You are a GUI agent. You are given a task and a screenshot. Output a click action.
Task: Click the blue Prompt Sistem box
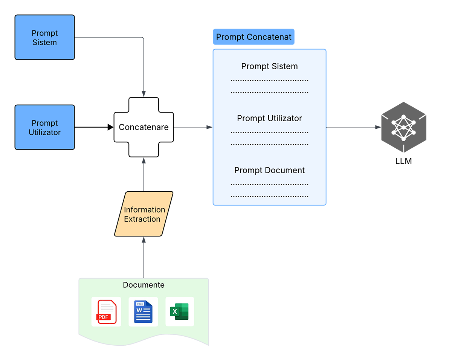[44, 37]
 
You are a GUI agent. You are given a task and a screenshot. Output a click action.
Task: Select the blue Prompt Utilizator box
[44, 127]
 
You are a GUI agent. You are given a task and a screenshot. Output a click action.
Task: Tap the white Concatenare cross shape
[144, 127]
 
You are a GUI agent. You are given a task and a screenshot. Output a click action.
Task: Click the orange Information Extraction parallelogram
[144, 214]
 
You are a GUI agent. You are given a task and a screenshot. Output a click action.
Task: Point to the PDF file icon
[106, 311]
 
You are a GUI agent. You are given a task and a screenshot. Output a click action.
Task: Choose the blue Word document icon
[143, 311]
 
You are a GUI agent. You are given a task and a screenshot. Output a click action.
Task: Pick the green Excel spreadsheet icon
[180, 311]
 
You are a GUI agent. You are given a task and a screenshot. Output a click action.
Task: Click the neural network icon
[403, 128]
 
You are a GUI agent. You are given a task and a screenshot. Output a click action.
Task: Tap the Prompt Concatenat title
[253, 37]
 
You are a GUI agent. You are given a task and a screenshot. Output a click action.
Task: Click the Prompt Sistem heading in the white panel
[269, 66]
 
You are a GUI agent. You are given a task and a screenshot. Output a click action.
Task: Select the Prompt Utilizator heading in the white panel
[269, 118]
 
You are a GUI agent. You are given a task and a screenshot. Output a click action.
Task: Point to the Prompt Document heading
[269, 170]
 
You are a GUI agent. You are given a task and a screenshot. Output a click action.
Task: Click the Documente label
[144, 285]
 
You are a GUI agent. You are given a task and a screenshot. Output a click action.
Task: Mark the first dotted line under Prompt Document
[269, 185]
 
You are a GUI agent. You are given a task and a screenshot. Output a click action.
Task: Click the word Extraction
[142, 219]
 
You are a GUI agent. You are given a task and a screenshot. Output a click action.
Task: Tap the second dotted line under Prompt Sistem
[269, 92]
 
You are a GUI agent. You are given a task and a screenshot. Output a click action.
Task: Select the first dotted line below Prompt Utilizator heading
[269, 133]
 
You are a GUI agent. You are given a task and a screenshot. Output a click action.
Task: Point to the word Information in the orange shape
[145, 210]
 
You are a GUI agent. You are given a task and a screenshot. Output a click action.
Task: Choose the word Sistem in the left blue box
[44, 43]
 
